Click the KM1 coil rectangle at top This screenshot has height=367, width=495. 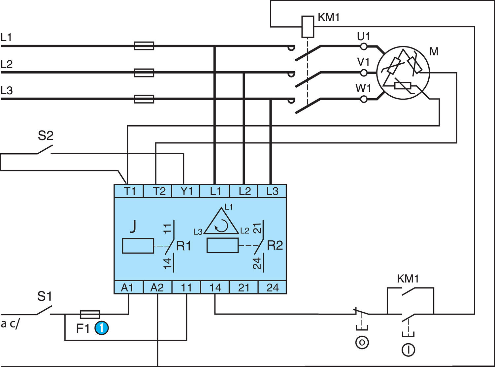pyautogui.click(x=308, y=26)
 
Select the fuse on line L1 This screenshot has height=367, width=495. pyautogui.click(x=144, y=46)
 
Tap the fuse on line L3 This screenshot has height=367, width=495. pyautogui.click(x=144, y=99)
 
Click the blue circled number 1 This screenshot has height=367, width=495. pyautogui.click(x=102, y=328)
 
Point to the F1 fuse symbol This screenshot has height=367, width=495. pyautogui.click(x=90, y=314)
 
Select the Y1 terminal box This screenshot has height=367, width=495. pyautogui.click(x=186, y=191)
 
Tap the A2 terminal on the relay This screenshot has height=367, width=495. pyautogui.click(x=157, y=288)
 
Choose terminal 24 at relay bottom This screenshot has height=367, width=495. pyautogui.click(x=272, y=288)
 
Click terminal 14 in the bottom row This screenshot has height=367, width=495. pyautogui.click(x=215, y=288)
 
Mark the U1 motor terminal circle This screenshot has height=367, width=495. pyautogui.click(x=364, y=46)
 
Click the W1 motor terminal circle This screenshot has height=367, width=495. pyautogui.click(x=364, y=99)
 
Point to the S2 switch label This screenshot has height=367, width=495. pyautogui.click(x=46, y=136)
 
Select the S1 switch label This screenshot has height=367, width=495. pyautogui.click(x=45, y=296)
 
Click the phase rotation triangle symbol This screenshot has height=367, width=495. pyautogui.click(x=221, y=223)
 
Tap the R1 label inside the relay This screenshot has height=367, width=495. pyautogui.click(x=183, y=246)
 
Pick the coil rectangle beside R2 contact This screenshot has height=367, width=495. pyautogui.click(x=222, y=246)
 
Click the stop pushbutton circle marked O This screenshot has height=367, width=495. pyautogui.click(x=362, y=342)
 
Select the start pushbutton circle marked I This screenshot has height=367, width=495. pyautogui.click(x=408, y=350)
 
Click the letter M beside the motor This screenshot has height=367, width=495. pyautogui.click(x=434, y=51)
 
